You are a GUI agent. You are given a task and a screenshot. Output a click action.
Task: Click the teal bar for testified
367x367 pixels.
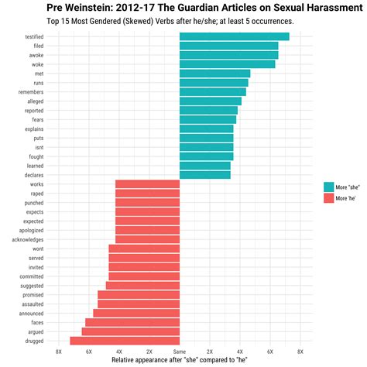click(x=234, y=36)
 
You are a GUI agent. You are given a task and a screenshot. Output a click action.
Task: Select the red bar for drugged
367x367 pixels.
click(x=125, y=341)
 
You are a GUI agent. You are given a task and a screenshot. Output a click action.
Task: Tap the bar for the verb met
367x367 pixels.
click(x=214, y=74)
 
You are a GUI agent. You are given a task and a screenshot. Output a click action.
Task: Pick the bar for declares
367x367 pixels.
click(x=204, y=175)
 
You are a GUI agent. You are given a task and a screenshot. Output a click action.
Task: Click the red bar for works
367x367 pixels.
click(x=147, y=184)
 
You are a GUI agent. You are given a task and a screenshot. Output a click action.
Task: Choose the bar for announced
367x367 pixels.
click(x=136, y=313)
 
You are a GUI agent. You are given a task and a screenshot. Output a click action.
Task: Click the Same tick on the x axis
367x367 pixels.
click(x=179, y=352)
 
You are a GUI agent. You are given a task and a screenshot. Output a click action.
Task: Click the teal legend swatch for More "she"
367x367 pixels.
click(x=329, y=187)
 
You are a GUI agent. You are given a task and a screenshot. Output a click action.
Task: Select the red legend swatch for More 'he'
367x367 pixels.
click(x=329, y=199)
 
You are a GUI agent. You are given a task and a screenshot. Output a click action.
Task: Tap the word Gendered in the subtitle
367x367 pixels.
click(x=117, y=21)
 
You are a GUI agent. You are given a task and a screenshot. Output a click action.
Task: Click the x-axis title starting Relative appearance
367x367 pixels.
click(x=179, y=360)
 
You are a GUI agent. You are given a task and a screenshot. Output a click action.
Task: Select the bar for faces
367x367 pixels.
click(x=132, y=322)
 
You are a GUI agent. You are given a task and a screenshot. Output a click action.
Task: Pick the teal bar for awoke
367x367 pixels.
click(x=228, y=55)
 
